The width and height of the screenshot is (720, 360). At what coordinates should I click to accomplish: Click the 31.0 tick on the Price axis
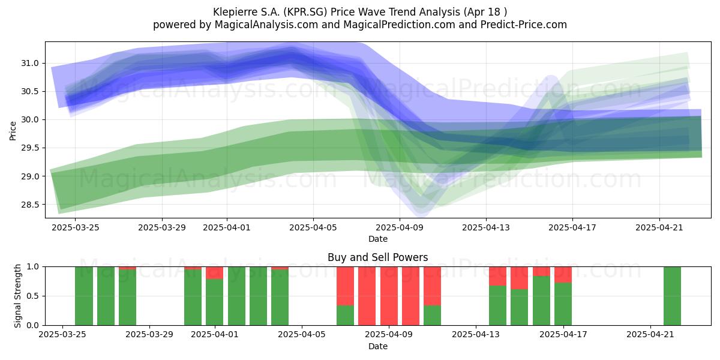click(29, 64)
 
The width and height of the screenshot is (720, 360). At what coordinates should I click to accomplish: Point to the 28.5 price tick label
click(29, 205)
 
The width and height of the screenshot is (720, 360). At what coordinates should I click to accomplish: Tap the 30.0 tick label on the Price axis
click(29, 120)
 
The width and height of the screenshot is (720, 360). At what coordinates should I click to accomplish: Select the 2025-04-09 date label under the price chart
click(400, 227)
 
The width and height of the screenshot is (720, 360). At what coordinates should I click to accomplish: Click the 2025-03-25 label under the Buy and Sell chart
click(62, 334)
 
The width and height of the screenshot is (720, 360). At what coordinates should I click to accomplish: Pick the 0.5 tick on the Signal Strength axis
click(33, 296)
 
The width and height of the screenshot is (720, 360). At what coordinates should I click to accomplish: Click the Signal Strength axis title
click(17, 296)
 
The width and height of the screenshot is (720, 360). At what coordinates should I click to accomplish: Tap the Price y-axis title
click(13, 131)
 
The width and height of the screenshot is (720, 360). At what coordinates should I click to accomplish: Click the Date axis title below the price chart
click(377, 239)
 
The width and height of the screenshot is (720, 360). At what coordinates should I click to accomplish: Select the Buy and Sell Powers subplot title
click(377, 257)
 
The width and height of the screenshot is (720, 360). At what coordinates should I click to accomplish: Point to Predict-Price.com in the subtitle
click(524, 25)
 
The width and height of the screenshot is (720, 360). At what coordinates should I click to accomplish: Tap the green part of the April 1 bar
click(215, 302)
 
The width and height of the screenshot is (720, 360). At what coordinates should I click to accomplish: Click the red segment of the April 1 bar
click(215, 273)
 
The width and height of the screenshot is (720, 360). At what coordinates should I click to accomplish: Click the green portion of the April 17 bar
click(563, 304)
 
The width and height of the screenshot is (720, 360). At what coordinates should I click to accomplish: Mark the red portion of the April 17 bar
click(563, 275)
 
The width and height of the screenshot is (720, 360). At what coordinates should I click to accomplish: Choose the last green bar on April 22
click(672, 296)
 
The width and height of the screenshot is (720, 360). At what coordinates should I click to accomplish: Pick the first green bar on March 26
click(84, 296)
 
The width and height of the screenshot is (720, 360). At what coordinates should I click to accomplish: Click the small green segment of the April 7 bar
click(345, 316)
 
